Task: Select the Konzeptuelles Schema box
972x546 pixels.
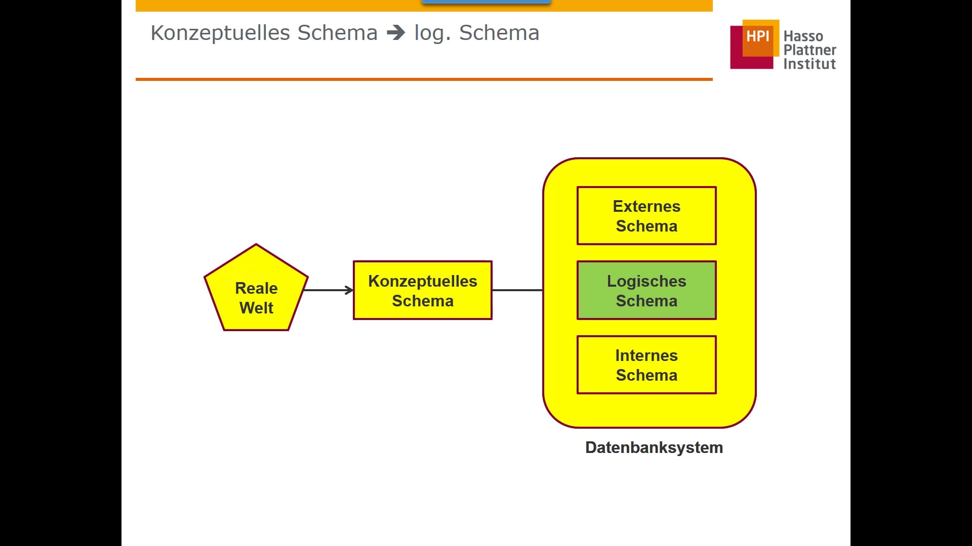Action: tap(422, 290)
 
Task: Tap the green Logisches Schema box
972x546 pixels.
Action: tap(646, 290)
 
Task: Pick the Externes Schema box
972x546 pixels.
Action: tap(646, 216)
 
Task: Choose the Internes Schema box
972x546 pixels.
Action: tap(646, 365)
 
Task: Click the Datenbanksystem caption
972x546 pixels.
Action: tap(654, 447)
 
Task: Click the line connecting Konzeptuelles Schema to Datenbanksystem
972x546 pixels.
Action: tap(517, 290)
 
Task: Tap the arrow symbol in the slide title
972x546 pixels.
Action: tap(396, 33)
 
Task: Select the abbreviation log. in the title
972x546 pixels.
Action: tap(432, 33)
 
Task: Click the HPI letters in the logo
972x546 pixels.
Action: tap(757, 36)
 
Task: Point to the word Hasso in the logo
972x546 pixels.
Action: tap(803, 36)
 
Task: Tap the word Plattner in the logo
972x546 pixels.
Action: tap(809, 50)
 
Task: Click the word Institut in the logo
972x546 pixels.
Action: tap(809, 64)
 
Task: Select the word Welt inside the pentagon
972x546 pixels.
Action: tap(256, 308)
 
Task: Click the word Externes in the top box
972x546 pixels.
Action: tap(646, 206)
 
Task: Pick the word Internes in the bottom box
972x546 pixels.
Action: tap(646, 355)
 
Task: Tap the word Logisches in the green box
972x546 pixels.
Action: tap(646, 281)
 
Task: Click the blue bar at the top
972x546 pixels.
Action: tap(486, 2)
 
